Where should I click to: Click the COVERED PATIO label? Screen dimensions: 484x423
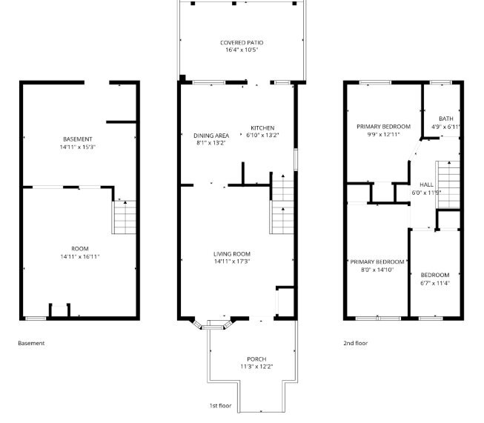click(242, 42)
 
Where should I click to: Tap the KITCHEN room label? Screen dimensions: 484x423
click(262, 127)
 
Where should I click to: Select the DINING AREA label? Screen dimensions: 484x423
click(211, 136)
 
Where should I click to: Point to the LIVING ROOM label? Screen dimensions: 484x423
click(232, 254)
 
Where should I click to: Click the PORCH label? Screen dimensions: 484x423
click(256, 359)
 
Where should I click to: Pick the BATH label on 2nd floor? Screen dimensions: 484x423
click(446, 119)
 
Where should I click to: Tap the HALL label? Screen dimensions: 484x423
click(426, 184)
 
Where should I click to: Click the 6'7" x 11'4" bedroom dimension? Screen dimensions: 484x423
click(435, 283)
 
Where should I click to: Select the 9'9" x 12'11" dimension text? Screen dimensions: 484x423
click(383, 135)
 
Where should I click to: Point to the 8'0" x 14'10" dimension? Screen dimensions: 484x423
click(377, 270)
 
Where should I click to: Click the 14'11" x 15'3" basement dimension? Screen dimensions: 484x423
click(78, 147)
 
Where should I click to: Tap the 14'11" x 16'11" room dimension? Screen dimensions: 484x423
click(80, 256)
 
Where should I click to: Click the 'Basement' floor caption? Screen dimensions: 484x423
click(31, 343)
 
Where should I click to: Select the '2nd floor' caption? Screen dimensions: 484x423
click(356, 343)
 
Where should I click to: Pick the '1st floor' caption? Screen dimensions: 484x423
click(220, 405)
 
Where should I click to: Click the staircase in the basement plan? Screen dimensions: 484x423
click(124, 217)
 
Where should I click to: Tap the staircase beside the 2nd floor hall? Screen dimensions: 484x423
click(448, 184)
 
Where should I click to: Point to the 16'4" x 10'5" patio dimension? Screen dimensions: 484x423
click(242, 50)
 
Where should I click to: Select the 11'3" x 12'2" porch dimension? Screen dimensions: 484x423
click(256, 367)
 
